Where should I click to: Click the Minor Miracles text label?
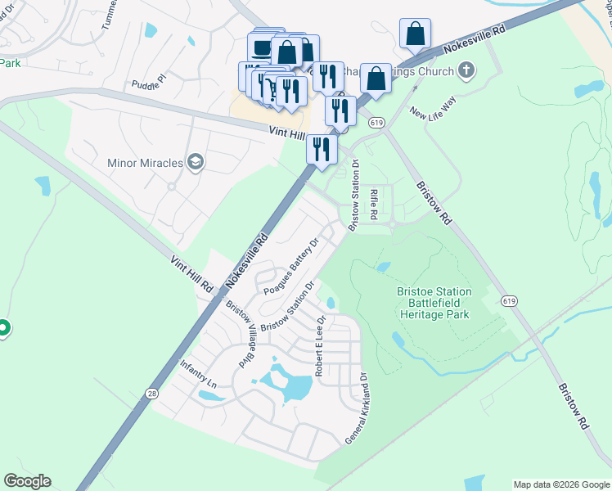(145, 163)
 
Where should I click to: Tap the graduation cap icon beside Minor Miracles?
(195, 162)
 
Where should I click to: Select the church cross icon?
(466, 70)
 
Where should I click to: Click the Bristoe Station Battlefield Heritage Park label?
(434, 303)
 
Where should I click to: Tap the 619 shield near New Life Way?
(376, 122)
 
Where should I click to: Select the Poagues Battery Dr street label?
(290, 267)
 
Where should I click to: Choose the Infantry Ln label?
(199, 373)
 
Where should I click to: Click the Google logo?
(27, 481)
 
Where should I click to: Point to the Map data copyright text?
(560, 484)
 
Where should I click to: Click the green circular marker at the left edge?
(2, 329)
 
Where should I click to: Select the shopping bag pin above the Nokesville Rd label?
(416, 34)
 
